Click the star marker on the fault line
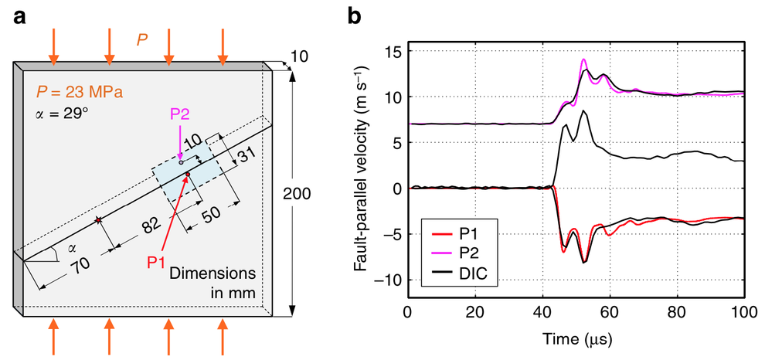point(98,221)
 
